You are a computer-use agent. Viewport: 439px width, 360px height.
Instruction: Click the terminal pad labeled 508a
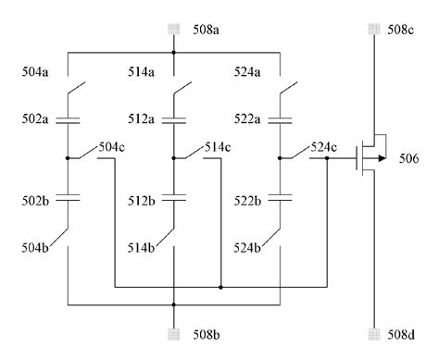(174, 30)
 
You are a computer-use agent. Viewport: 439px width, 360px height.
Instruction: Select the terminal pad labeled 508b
(174, 330)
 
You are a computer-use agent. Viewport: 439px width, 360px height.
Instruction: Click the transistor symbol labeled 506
(368, 158)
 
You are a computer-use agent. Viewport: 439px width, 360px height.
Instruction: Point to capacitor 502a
(68, 119)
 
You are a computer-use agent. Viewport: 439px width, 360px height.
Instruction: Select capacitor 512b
(174, 196)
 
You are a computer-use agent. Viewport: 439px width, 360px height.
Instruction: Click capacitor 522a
(279, 119)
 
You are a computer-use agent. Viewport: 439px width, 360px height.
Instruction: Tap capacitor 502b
(68, 196)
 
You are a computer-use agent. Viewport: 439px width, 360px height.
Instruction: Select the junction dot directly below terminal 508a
(174, 53)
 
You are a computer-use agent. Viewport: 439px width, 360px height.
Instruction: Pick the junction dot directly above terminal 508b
(174, 304)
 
